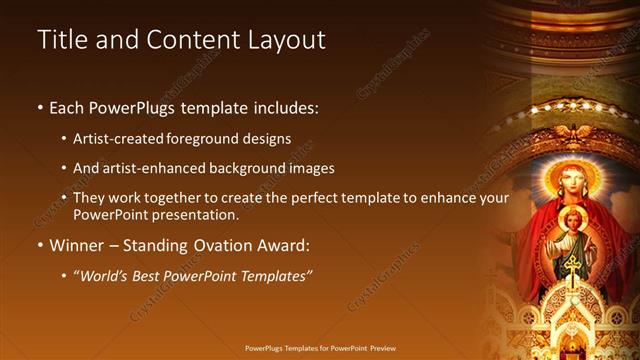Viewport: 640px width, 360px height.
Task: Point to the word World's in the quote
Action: click(107, 275)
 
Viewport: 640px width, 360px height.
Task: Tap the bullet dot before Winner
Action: click(40, 245)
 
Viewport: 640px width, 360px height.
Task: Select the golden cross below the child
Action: click(573, 268)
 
